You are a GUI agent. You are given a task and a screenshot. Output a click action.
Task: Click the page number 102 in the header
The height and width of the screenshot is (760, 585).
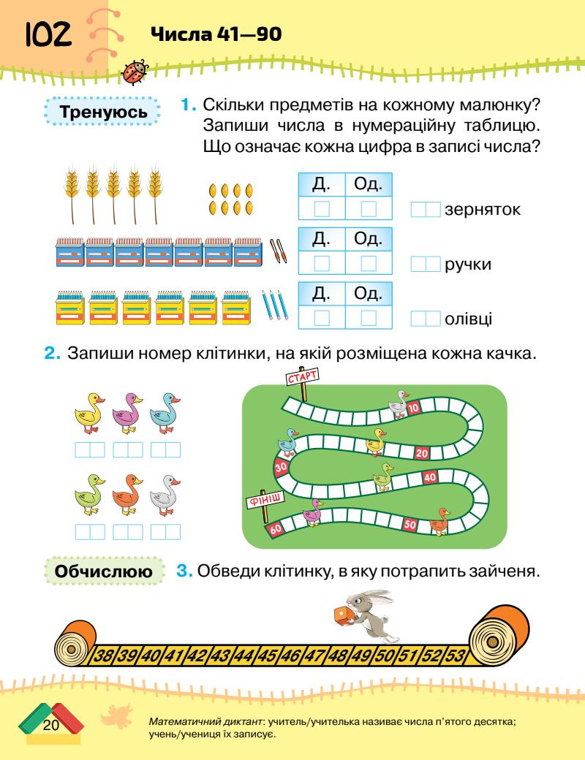click(48, 34)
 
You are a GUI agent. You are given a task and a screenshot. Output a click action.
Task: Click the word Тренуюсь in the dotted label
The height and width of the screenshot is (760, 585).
click(101, 114)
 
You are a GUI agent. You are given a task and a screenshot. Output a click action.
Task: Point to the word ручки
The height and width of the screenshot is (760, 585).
click(467, 265)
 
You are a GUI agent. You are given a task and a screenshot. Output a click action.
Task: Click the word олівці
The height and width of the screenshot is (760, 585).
click(468, 319)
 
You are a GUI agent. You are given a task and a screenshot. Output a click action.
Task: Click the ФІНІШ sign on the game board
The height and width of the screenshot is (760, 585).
click(261, 500)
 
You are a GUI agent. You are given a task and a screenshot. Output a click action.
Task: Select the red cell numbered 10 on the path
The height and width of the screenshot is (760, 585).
click(413, 407)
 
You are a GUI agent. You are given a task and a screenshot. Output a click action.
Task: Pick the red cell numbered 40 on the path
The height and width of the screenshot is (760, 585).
click(430, 477)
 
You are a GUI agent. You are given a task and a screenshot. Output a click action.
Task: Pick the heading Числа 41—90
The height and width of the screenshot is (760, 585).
click(215, 34)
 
